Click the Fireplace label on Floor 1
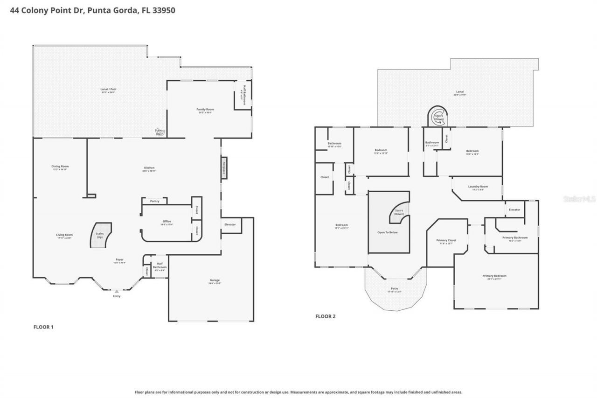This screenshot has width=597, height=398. (x=224, y=167)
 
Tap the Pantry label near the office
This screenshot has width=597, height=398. (x=154, y=201)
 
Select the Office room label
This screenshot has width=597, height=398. (x=167, y=221)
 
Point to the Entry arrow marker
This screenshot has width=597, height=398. (x=117, y=291)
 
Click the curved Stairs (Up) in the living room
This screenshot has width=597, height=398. (x=100, y=235)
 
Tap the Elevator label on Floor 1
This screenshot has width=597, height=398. (x=230, y=224)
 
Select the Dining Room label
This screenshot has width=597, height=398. (x=61, y=166)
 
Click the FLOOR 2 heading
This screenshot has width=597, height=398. (x=325, y=316)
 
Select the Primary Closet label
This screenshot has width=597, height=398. (x=446, y=240)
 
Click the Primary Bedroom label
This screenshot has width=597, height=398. (x=494, y=276)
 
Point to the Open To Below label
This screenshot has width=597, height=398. (x=387, y=232)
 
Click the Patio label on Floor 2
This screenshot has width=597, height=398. (x=395, y=288)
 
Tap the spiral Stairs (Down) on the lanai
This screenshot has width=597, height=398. (x=438, y=117)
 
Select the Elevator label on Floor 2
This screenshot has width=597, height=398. (x=514, y=209)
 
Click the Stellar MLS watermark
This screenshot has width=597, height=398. (x=579, y=199)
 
